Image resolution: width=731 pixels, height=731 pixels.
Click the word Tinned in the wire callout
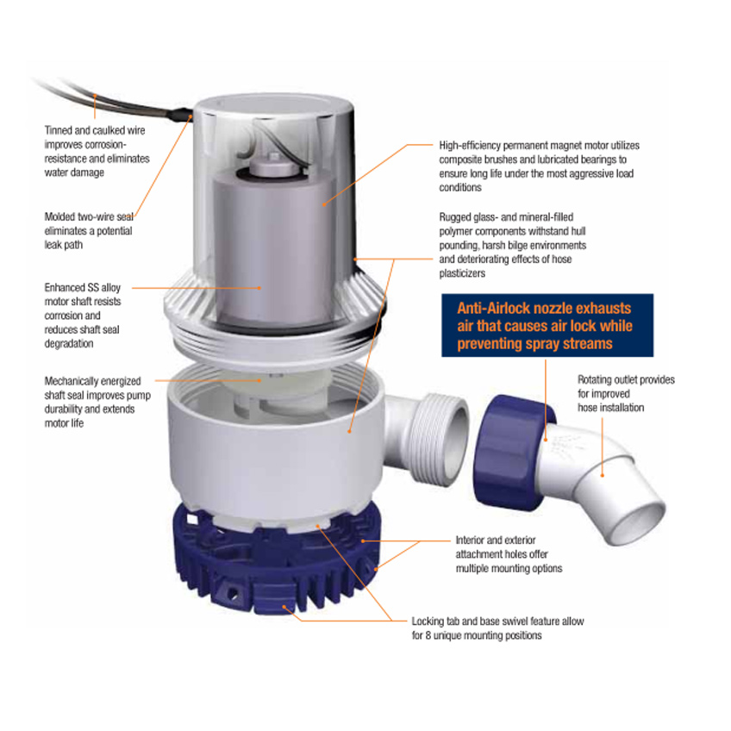coord(59,130)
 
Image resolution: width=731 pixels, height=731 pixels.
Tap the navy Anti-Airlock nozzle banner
coord(547,325)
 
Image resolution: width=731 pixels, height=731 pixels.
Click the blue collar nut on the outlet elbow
coord(513,453)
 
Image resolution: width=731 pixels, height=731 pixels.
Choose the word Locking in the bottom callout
coord(428,622)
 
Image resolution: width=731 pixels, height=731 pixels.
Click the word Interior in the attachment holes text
coord(472,540)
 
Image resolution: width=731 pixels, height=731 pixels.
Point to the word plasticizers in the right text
coord(462,273)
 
